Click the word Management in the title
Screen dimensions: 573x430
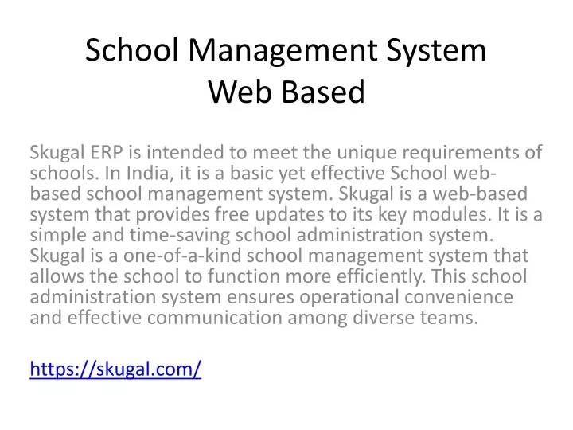point(283,51)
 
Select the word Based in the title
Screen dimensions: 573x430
point(323,92)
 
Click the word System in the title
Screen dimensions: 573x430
point(436,51)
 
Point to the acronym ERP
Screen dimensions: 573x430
point(107,152)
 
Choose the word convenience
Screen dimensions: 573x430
point(458,296)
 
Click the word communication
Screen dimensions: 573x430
point(215,317)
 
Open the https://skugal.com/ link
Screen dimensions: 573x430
point(115,369)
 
